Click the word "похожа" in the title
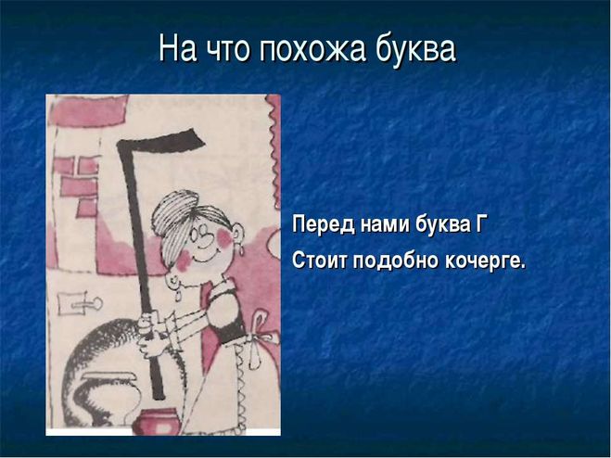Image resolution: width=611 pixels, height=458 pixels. coord(312,49)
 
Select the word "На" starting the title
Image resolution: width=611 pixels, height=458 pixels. coord(177,49)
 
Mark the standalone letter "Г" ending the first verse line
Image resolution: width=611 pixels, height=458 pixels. coord(479,224)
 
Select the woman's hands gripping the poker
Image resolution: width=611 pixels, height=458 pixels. coord(150,333)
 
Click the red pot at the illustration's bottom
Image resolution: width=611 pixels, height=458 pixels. coord(159,421)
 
